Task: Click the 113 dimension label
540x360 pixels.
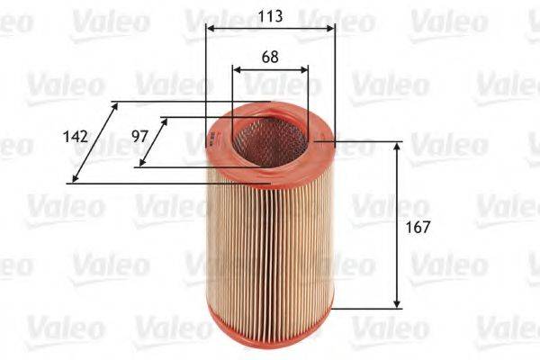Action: coord(269,16)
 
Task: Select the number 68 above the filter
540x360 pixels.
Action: coord(269,56)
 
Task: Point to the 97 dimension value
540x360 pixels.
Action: coord(139,137)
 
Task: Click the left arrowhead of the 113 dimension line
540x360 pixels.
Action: coord(210,29)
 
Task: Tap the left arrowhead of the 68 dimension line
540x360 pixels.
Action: coord(236,69)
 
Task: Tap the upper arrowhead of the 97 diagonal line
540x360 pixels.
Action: coord(165,121)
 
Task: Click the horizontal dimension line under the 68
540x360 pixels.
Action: coord(270,69)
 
